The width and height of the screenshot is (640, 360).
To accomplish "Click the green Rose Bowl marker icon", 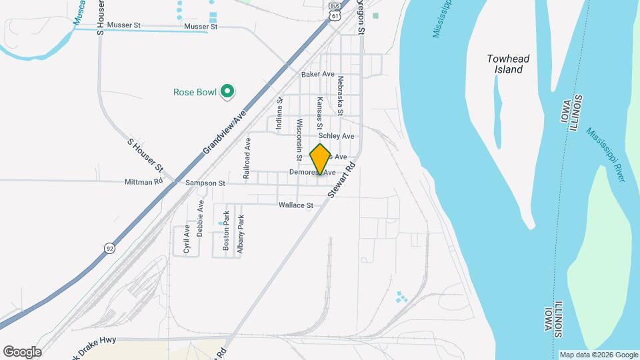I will click(x=227, y=92).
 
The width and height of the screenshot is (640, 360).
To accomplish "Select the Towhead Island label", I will click(x=508, y=64).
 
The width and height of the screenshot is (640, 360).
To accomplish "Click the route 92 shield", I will click(x=109, y=247).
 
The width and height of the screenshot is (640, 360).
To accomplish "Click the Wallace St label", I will click(x=295, y=205).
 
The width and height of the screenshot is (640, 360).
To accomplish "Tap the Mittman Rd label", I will click(x=144, y=181).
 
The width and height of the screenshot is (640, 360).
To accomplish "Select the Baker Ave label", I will click(x=317, y=75).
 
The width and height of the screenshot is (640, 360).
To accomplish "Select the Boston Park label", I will click(x=226, y=231).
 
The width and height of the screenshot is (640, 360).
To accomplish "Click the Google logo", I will click(x=22, y=352).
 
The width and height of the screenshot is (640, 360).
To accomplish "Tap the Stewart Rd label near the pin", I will click(x=342, y=180).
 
